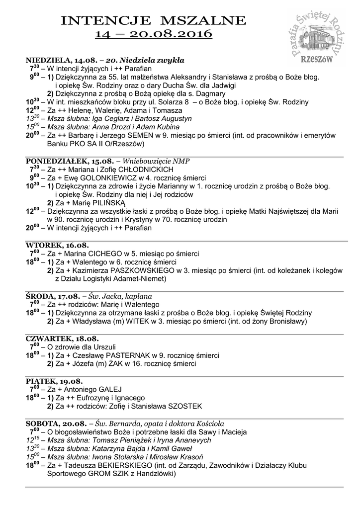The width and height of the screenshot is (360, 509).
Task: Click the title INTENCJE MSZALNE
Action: coord(153,20)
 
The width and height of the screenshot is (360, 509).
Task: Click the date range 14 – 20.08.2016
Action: coord(153,34)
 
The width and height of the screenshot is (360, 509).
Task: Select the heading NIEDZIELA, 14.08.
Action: coord(52,60)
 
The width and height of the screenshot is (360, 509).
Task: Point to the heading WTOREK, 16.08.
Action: coord(57,245)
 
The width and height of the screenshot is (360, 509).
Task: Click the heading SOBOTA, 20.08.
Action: coord(56,424)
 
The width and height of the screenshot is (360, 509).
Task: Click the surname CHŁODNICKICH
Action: coord(138,170)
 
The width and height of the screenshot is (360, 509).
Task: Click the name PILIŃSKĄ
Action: coord(107,203)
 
